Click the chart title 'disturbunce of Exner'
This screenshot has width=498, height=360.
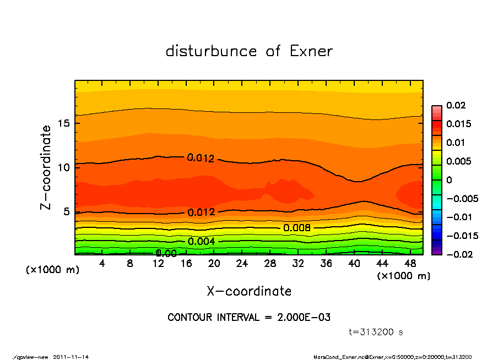[x=249, y=51]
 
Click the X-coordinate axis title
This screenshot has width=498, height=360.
[x=249, y=291]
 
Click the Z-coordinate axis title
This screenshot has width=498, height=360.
[x=46, y=167]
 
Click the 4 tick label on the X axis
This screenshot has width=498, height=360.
[x=102, y=264]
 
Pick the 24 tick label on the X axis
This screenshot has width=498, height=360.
[x=242, y=264]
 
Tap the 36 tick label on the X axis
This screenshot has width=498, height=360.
[x=326, y=264]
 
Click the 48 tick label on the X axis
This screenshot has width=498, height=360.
[x=410, y=264]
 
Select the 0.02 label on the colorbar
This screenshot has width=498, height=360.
[x=455, y=105]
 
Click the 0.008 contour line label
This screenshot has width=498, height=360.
[x=297, y=228]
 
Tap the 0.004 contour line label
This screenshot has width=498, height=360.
[x=201, y=241]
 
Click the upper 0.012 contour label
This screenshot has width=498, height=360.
[x=201, y=158]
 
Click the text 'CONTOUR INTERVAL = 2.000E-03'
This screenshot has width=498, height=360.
[x=249, y=318]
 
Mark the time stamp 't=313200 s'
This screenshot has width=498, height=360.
[x=376, y=332]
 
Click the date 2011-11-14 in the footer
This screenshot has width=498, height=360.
[x=71, y=357]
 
